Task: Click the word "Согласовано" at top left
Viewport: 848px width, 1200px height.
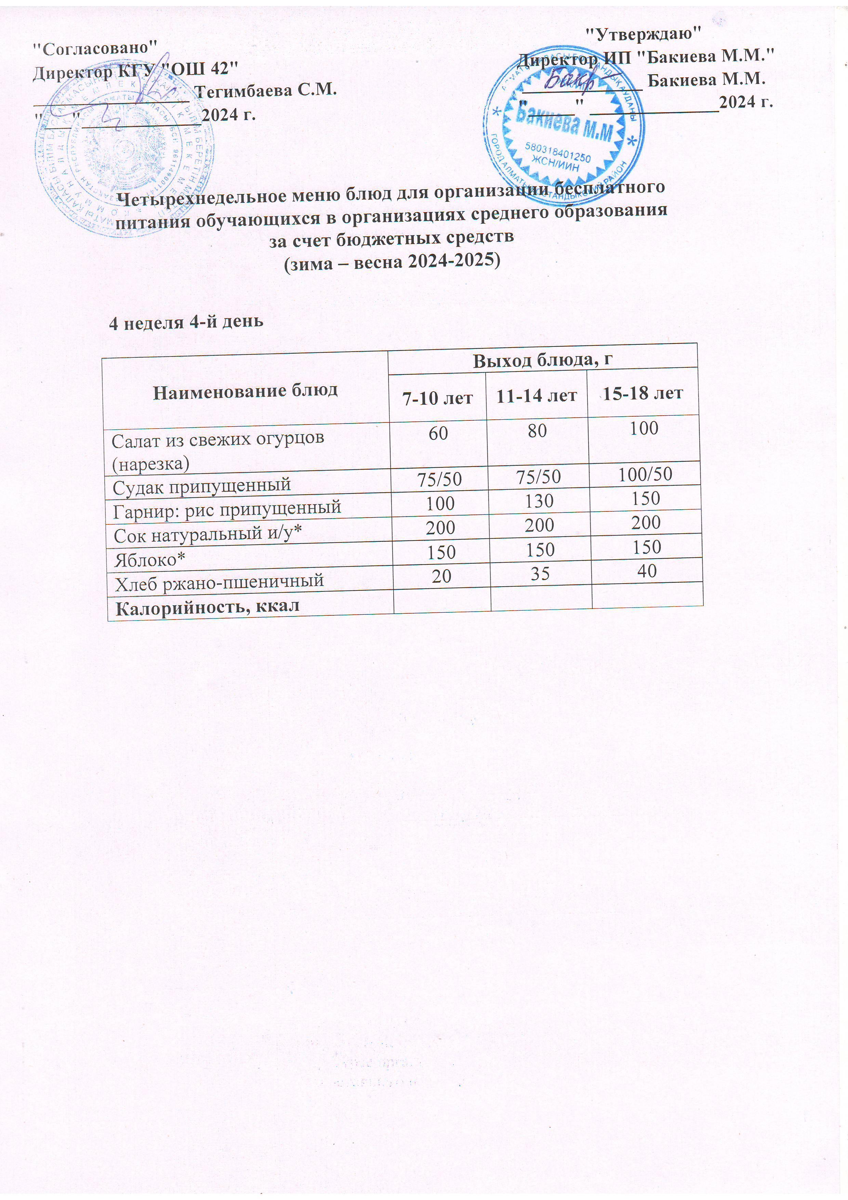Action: click(x=95, y=48)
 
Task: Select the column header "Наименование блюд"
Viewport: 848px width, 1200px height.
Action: click(x=245, y=390)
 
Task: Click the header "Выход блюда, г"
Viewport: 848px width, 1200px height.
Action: click(x=542, y=361)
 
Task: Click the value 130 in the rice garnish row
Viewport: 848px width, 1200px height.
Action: click(x=539, y=501)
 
